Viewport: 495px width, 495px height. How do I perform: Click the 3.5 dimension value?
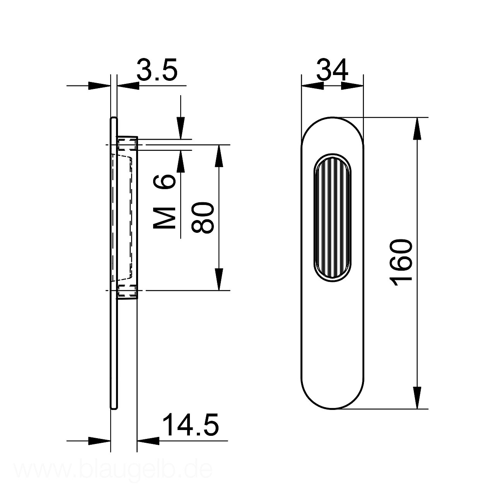click(x=157, y=70)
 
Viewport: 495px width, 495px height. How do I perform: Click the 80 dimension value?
click(x=202, y=217)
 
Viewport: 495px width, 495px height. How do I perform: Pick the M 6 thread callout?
click(x=164, y=201)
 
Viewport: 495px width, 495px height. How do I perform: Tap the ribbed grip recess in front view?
click(x=333, y=217)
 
